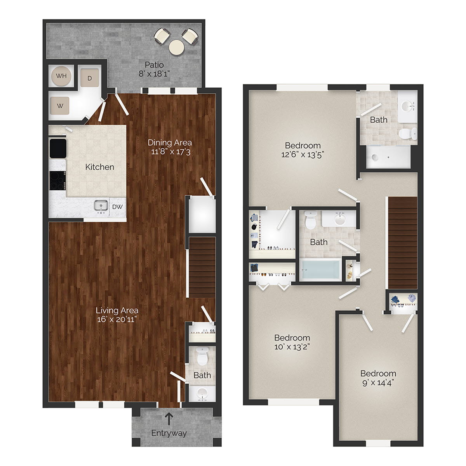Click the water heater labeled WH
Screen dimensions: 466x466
(x=61, y=76)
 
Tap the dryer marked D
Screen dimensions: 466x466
(x=89, y=78)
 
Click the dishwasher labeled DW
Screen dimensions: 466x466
(x=117, y=207)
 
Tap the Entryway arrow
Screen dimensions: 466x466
(x=169, y=419)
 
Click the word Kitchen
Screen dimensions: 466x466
(x=100, y=167)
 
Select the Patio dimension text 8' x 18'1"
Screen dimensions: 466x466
(x=155, y=73)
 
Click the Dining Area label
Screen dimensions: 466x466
(x=170, y=143)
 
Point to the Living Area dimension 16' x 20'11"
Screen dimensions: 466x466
(x=117, y=319)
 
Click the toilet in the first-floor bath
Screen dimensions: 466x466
(x=202, y=356)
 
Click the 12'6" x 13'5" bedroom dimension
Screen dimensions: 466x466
(x=303, y=154)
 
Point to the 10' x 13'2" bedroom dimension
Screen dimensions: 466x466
(x=292, y=346)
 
